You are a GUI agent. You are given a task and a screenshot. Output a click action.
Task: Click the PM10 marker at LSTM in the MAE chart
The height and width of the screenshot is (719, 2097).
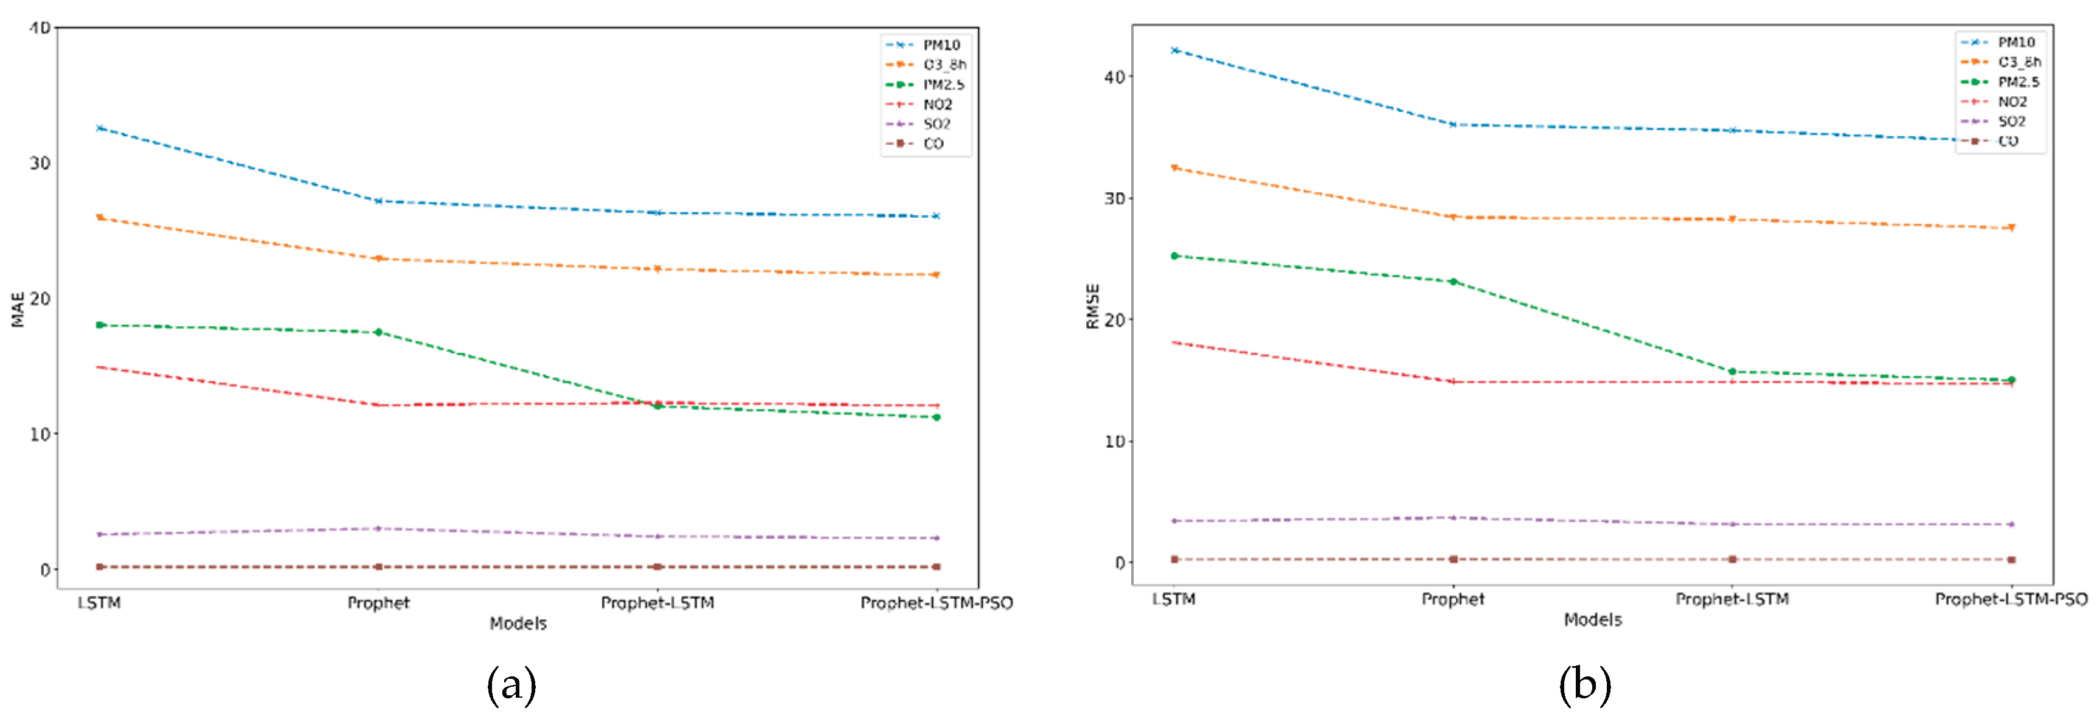click(x=99, y=128)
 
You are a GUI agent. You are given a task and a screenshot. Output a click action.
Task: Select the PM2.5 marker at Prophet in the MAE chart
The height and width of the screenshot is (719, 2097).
click(x=378, y=332)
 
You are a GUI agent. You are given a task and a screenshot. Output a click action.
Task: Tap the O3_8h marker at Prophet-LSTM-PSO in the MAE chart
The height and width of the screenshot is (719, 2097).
click(x=936, y=275)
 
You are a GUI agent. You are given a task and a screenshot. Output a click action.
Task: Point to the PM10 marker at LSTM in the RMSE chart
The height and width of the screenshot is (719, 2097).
click(x=1174, y=50)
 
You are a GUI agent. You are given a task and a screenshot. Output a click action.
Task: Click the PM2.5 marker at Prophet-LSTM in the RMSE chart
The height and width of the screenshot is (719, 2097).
click(x=1732, y=372)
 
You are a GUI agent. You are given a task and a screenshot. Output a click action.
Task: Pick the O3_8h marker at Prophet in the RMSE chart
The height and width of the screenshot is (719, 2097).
click(x=1453, y=217)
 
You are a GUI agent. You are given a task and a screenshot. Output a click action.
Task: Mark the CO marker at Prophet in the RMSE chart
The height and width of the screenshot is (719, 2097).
click(x=1453, y=560)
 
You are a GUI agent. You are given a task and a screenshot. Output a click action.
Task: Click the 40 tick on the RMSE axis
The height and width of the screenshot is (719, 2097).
click(x=1114, y=77)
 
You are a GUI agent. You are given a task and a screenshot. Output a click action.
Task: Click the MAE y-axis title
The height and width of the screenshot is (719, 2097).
click(x=18, y=310)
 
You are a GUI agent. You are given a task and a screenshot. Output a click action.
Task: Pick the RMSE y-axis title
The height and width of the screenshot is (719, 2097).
click(x=1092, y=306)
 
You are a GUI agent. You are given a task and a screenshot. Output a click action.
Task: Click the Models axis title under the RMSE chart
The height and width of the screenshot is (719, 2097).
click(x=1592, y=620)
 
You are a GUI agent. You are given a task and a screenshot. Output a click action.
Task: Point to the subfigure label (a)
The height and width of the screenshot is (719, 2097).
click(x=511, y=685)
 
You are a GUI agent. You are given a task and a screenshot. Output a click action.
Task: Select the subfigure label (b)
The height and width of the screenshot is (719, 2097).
click(x=1584, y=685)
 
